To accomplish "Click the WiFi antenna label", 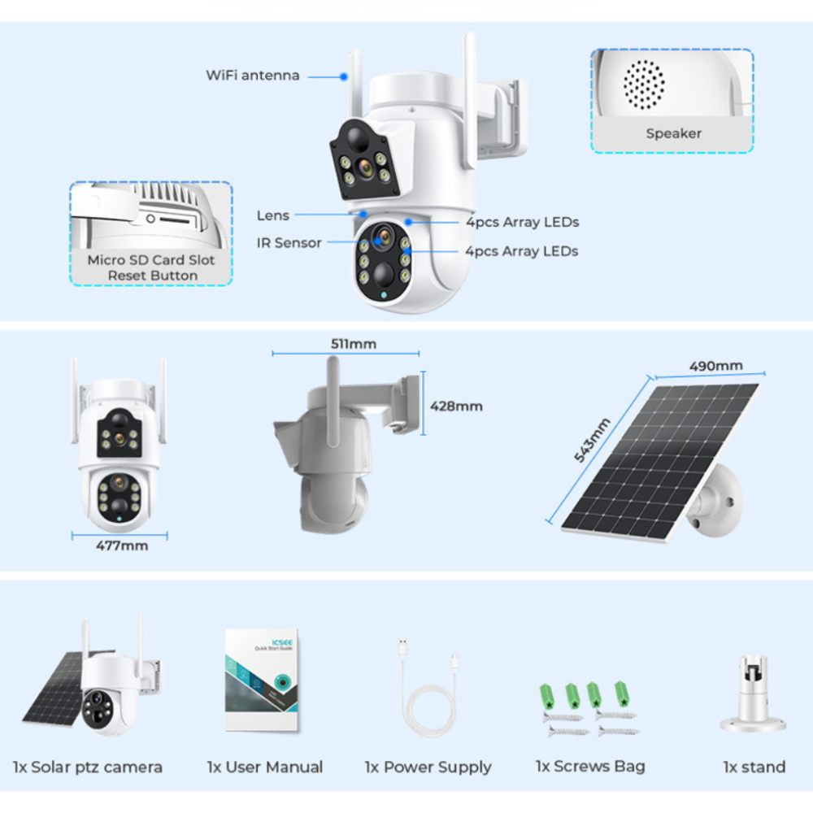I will pyautogui.click(x=252, y=76).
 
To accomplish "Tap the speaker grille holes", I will pyautogui.click(x=644, y=83).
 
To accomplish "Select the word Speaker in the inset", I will pyautogui.click(x=673, y=133).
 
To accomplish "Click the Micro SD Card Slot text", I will pyautogui.click(x=151, y=261).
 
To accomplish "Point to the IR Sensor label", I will pyautogui.click(x=289, y=242).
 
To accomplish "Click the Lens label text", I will pyautogui.click(x=273, y=215).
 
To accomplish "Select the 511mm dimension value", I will pyautogui.click(x=354, y=344).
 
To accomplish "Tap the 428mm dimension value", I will pyautogui.click(x=456, y=406).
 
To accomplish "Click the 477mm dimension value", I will pyautogui.click(x=122, y=546).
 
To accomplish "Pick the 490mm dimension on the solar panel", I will pyautogui.click(x=716, y=366).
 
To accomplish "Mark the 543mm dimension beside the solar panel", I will pyautogui.click(x=593, y=440).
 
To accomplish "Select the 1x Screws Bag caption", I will pyautogui.click(x=590, y=766).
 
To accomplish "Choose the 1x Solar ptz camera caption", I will pyautogui.click(x=88, y=767).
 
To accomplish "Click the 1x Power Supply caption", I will pyautogui.click(x=428, y=767).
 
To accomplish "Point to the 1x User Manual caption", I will pyautogui.click(x=265, y=767).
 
